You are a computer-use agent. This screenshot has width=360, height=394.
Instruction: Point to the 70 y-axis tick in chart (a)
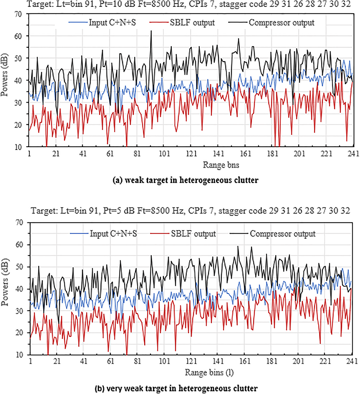[x=23, y=14]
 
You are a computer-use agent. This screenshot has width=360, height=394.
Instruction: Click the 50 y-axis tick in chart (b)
[x=23, y=267]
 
